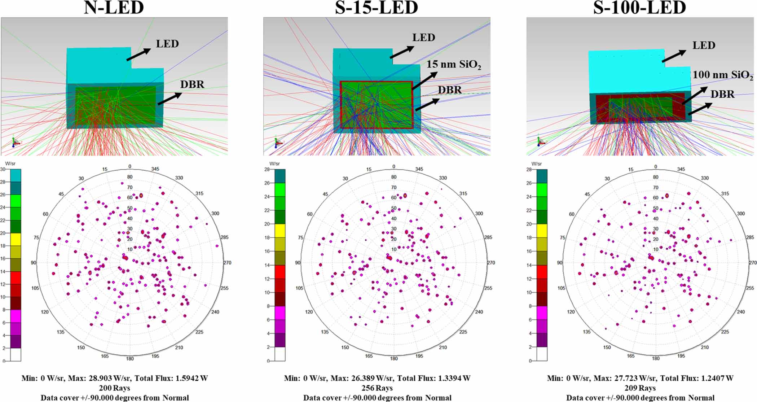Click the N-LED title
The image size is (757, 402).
click(x=114, y=8)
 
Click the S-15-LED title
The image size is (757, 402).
click(x=376, y=8)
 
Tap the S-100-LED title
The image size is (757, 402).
click(x=639, y=8)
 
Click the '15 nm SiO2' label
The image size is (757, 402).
click(x=453, y=65)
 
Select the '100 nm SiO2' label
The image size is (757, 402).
click(x=722, y=75)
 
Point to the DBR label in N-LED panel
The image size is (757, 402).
click(x=192, y=84)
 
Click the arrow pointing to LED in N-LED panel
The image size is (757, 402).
click(x=138, y=54)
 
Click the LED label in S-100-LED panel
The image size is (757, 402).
click(x=704, y=45)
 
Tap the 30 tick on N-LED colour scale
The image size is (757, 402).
click(x=3, y=169)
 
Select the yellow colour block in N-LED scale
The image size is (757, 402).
click(x=16, y=239)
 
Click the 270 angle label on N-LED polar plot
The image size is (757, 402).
click(x=227, y=263)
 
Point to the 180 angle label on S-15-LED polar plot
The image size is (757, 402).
click(x=394, y=358)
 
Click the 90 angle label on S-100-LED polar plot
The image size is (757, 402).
click(x=560, y=263)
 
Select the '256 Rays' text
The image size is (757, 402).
click(x=377, y=388)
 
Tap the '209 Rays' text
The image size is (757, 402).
click(x=640, y=388)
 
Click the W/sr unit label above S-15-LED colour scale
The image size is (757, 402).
click(x=274, y=163)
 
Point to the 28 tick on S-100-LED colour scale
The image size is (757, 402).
click(x=529, y=169)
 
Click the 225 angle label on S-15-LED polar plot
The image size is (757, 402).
click(x=463, y=332)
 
